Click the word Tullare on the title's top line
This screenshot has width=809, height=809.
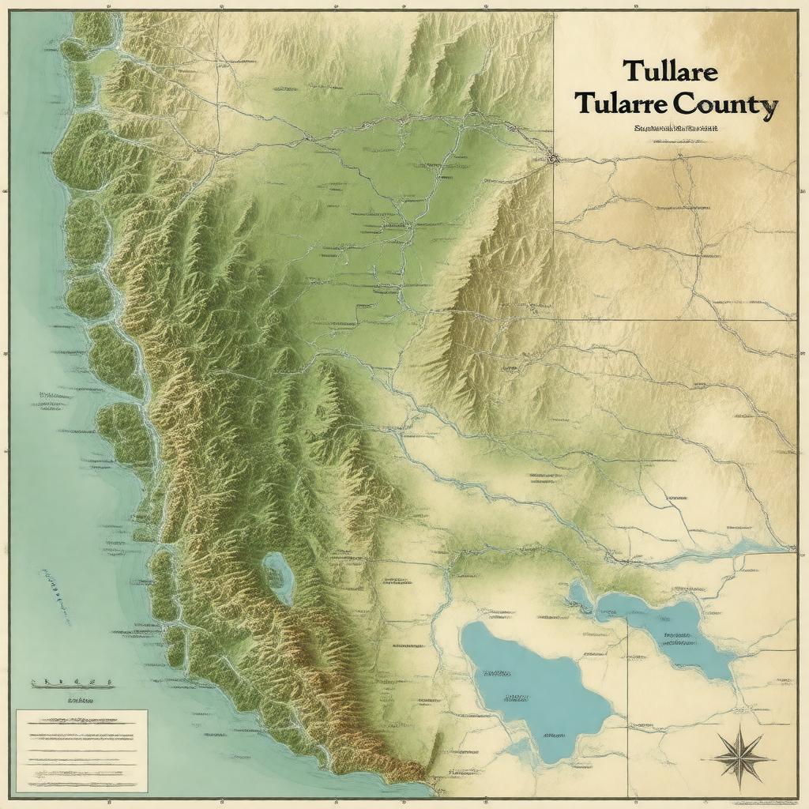(x=670, y=70)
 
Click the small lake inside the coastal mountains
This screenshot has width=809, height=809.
(x=278, y=577)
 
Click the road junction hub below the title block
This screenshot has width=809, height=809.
(x=553, y=158)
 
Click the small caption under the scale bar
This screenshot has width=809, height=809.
(x=79, y=700)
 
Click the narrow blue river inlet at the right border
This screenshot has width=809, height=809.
(x=758, y=547)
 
